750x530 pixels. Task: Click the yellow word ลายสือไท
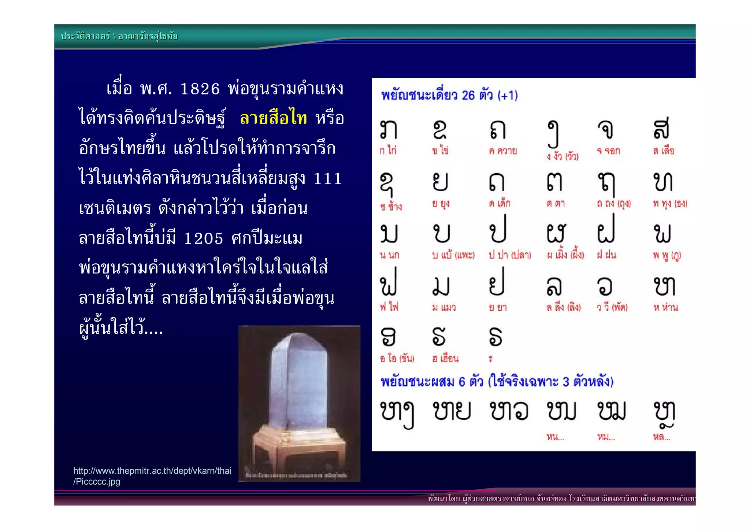pos(273,118)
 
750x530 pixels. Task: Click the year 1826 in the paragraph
pos(200,89)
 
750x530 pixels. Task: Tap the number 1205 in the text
pos(203,238)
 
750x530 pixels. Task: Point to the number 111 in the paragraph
pos(328,179)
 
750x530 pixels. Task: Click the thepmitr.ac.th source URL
pos(152,476)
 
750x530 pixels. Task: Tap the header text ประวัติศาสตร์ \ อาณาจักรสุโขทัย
pos(119,36)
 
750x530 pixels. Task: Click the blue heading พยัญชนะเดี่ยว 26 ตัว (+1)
pos(449,96)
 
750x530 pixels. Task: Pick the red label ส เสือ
pos(664,151)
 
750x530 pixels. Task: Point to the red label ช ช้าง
pos(391,207)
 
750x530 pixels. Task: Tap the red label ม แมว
pos(444,307)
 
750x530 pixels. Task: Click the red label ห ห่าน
pos(665,307)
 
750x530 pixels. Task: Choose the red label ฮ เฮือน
pos(445,358)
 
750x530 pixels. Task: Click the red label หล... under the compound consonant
pos(661,437)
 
